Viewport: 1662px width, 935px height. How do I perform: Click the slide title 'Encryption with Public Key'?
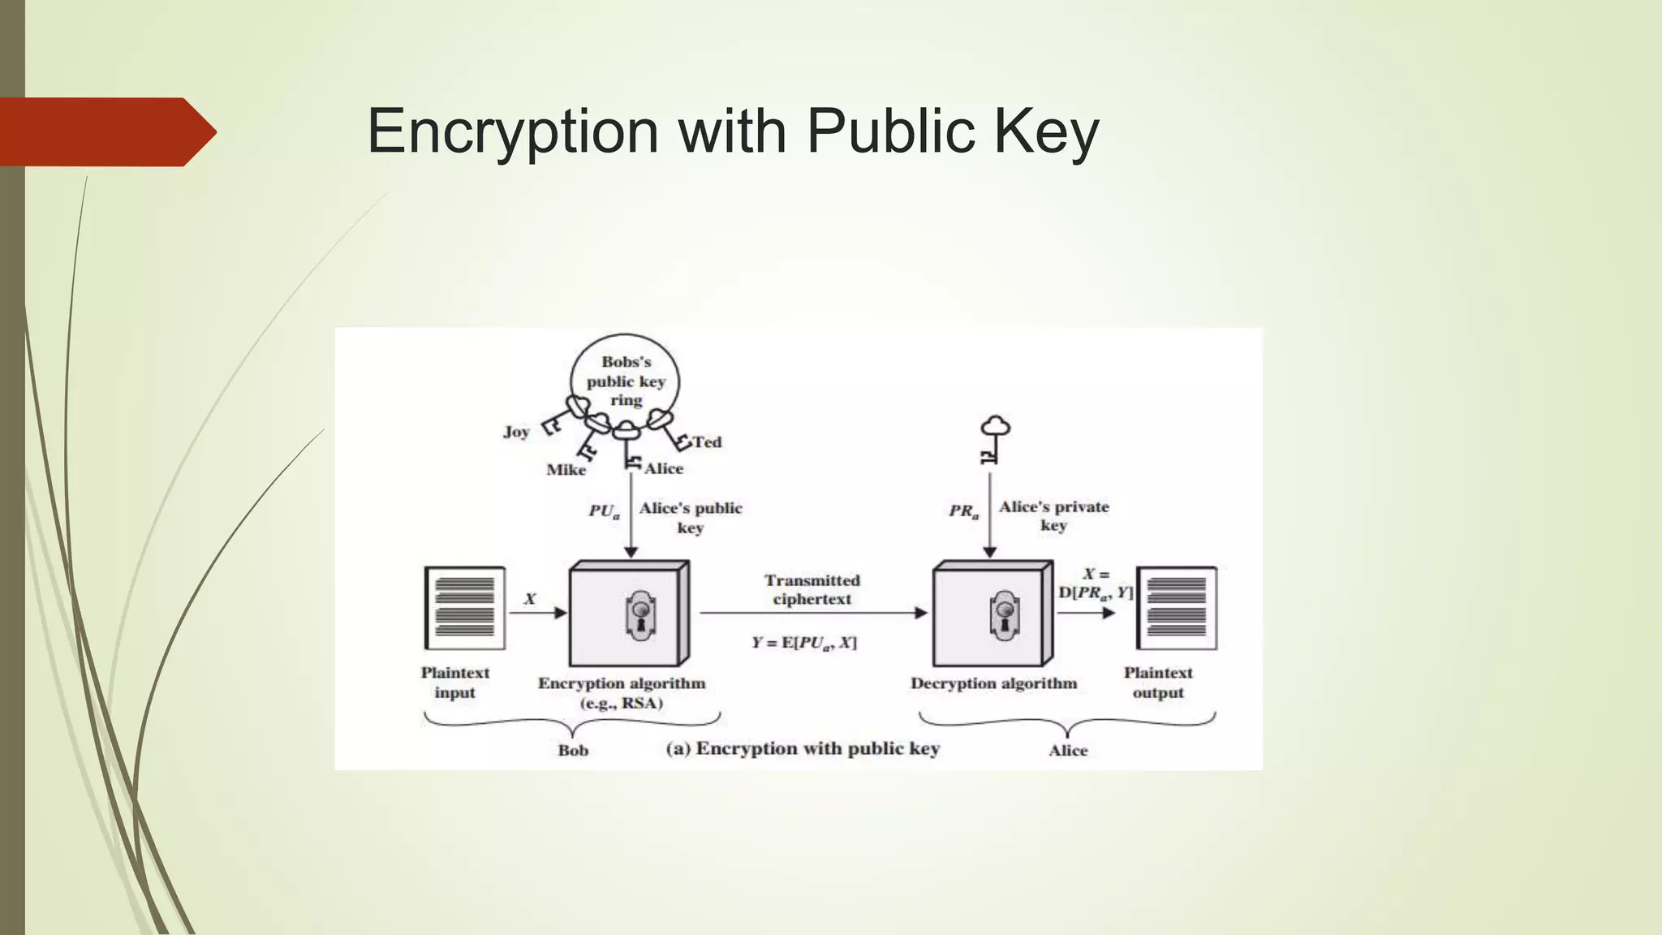click(x=733, y=131)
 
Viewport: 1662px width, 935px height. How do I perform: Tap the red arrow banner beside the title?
click(x=105, y=131)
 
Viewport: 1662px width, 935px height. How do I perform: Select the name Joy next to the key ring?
click(x=516, y=432)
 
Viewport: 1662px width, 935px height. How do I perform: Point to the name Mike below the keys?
click(x=566, y=470)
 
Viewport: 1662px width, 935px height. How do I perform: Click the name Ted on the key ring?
click(x=707, y=442)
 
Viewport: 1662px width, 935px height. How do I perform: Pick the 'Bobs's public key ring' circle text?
click(x=626, y=381)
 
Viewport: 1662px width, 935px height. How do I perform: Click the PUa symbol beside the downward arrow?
click(x=604, y=511)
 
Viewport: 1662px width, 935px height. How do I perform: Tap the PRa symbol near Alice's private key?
click(x=964, y=511)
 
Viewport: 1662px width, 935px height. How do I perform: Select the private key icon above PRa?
click(x=993, y=439)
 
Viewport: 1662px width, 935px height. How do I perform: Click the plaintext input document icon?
click(x=465, y=608)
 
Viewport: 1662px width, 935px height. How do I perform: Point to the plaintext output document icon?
click(x=1177, y=608)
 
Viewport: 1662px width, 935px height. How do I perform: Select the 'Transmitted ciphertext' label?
click(x=812, y=590)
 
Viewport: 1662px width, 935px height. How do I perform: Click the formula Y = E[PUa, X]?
click(x=803, y=643)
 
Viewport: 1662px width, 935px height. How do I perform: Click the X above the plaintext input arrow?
click(x=530, y=599)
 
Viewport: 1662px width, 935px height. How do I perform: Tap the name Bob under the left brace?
click(x=573, y=751)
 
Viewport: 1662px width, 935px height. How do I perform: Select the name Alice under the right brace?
click(x=1067, y=751)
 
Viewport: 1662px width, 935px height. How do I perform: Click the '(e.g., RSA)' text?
click(x=621, y=703)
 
